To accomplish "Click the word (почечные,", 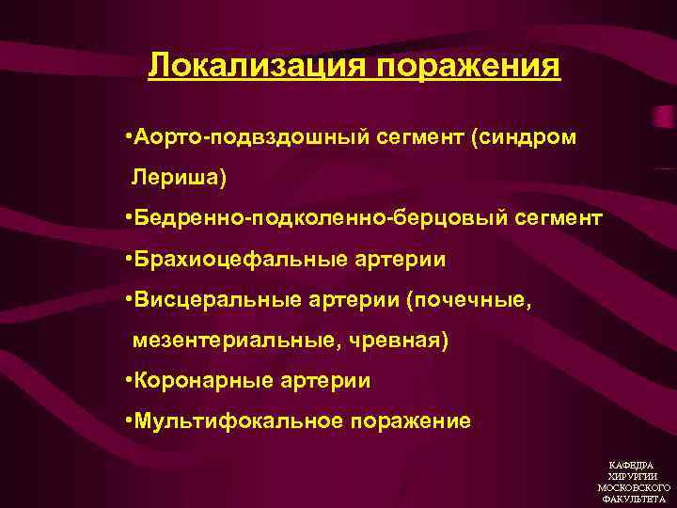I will coord(468,300).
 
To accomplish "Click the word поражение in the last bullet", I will coord(411,421).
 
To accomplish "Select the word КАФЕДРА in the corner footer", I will coord(634,466).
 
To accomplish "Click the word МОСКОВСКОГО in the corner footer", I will coord(634,488).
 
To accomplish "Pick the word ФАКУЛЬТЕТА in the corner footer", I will coord(634,500).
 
